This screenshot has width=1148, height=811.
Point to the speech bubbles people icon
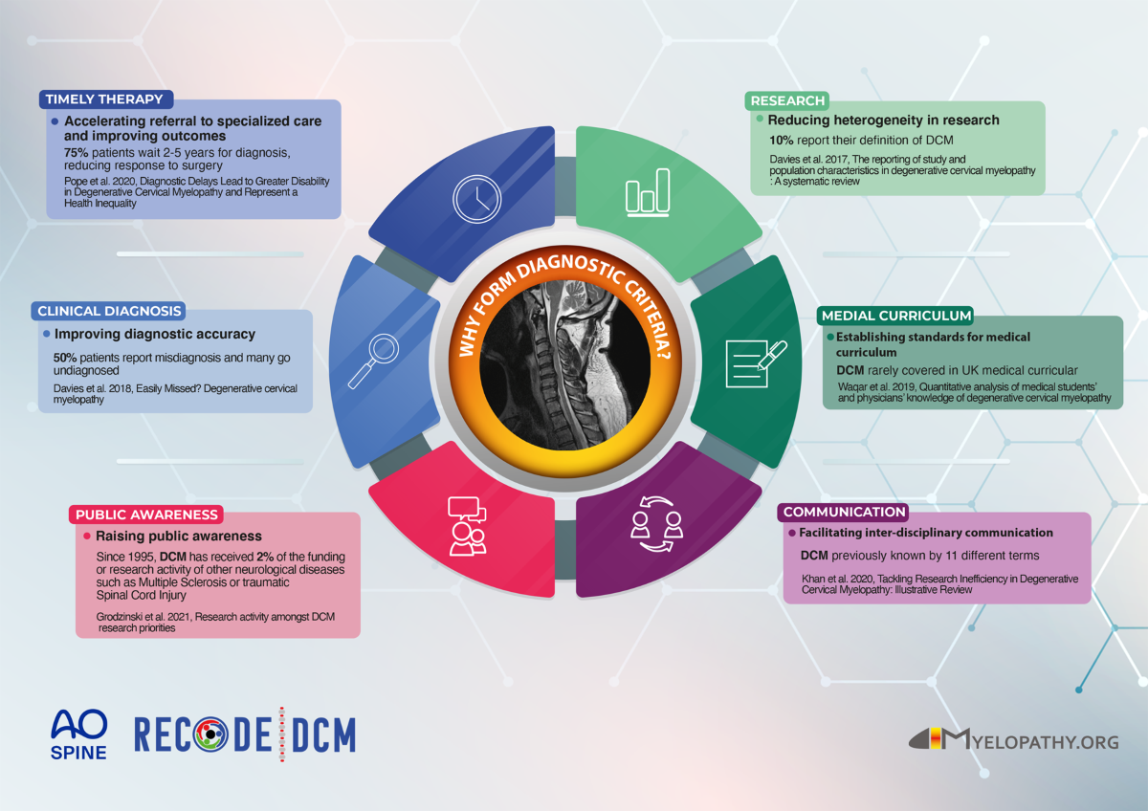click(x=466, y=525)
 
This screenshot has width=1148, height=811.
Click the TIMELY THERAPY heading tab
click(x=104, y=99)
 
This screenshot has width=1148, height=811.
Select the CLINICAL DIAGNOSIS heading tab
click(x=108, y=311)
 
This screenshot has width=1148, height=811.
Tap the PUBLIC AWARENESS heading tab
click(x=148, y=514)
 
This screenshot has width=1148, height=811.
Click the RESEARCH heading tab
click(x=786, y=100)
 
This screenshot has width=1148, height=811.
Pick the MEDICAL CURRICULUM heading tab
click(x=896, y=316)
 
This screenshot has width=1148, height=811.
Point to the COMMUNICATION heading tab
click(x=843, y=512)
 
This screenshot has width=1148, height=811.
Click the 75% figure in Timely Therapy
click(x=77, y=152)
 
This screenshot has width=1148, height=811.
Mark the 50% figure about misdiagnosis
click(x=66, y=357)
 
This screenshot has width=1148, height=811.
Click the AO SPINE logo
click(x=78, y=734)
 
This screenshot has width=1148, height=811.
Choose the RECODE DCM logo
click(x=244, y=734)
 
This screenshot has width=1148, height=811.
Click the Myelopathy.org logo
click(x=1013, y=739)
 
